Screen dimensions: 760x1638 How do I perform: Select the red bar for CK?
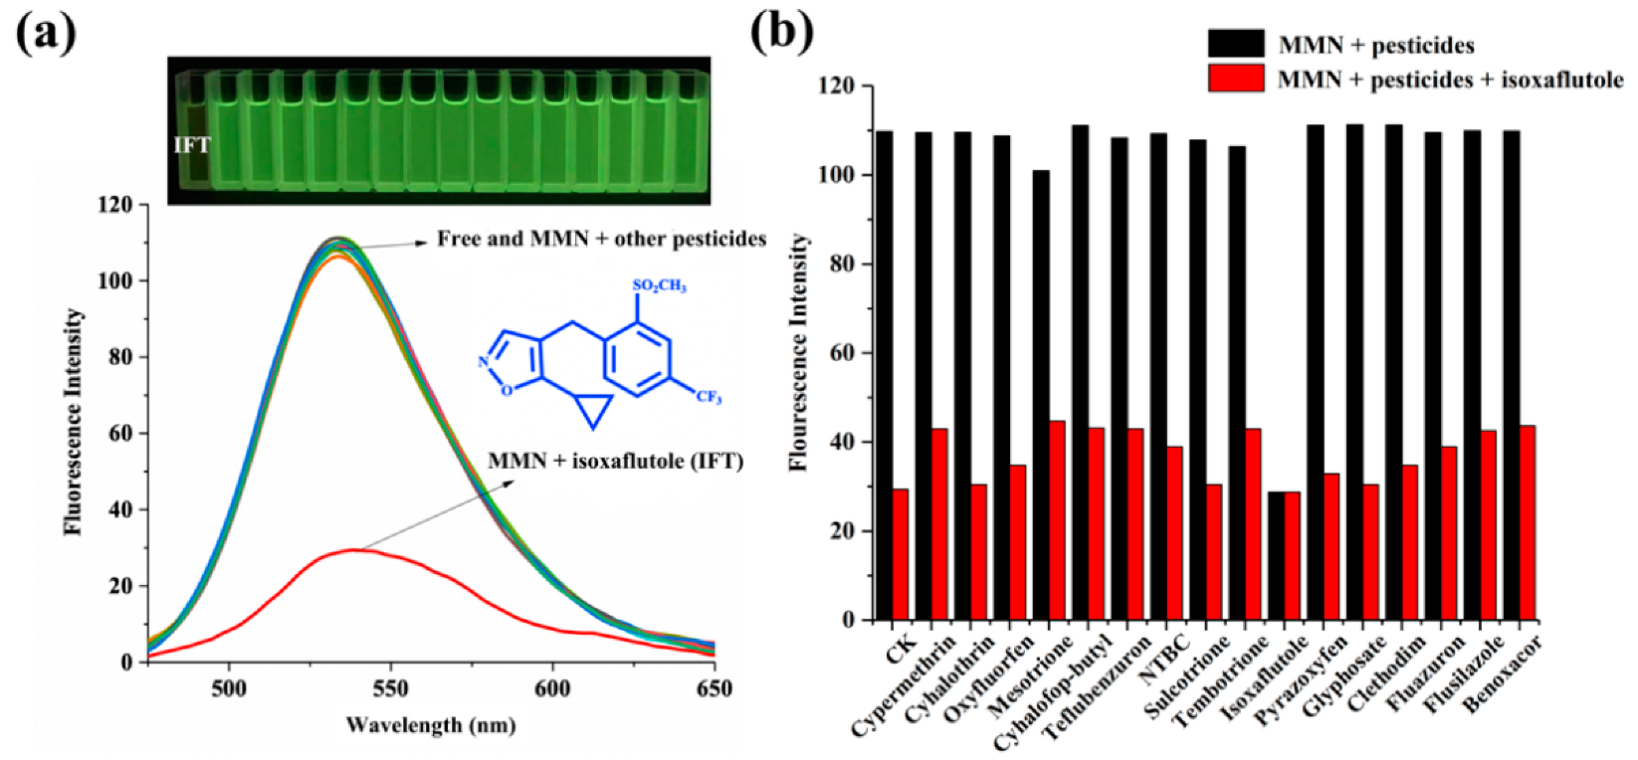[x=900, y=554]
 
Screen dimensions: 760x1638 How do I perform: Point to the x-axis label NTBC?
[x=1164, y=660]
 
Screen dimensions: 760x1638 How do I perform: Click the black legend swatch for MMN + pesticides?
[x=1236, y=44]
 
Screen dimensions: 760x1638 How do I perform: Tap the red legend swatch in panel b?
[x=1236, y=79]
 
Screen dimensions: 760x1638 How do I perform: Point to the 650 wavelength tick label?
[x=714, y=688]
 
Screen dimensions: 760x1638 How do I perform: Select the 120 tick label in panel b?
[x=836, y=87]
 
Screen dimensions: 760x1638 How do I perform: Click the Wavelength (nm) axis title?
[x=430, y=724]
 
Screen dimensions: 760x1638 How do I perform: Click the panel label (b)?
[x=781, y=32]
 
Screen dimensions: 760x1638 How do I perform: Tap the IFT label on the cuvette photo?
[x=192, y=145]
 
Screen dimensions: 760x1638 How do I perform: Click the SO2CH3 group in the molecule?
[x=659, y=286]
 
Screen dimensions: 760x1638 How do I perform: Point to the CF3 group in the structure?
[x=709, y=398]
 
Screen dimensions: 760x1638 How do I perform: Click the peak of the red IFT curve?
[x=353, y=549]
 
